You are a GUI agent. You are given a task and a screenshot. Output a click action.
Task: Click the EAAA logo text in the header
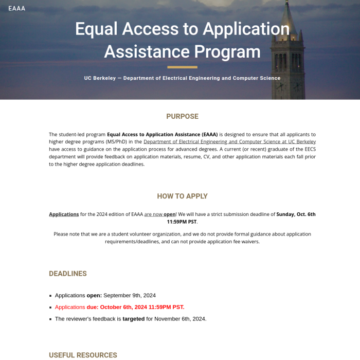(x=17, y=8)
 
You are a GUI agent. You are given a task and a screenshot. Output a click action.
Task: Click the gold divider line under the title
(x=182, y=67)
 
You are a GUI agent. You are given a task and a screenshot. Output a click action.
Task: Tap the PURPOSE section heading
(x=182, y=116)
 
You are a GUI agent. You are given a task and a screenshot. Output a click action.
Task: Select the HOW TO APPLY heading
(x=182, y=196)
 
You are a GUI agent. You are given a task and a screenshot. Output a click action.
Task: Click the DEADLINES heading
(x=68, y=274)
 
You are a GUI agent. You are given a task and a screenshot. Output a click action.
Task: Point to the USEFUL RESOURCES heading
(x=83, y=355)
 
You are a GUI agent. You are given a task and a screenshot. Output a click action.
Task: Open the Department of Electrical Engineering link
(x=229, y=141)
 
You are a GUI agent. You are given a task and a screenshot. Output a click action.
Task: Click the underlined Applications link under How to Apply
(x=64, y=214)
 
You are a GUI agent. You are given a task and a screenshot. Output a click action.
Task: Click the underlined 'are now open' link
(x=160, y=214)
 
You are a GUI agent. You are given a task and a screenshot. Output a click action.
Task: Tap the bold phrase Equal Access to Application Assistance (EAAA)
(x=163, y=134)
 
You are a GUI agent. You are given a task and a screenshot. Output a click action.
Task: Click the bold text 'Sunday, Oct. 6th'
(x=296, y=214)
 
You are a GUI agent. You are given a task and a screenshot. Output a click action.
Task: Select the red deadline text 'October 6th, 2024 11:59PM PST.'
(x=142, y=307)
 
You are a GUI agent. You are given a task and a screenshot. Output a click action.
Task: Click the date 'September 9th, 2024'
(x=130, y=295)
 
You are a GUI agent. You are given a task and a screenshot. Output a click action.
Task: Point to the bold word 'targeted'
(x=133, y=319)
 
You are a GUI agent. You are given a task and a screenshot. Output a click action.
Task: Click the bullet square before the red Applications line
(x=50, y=308)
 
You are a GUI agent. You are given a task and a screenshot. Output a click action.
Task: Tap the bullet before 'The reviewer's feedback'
(x=50, y=319)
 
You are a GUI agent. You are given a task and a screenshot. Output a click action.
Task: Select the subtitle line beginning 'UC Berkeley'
(x=182, y=78)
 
